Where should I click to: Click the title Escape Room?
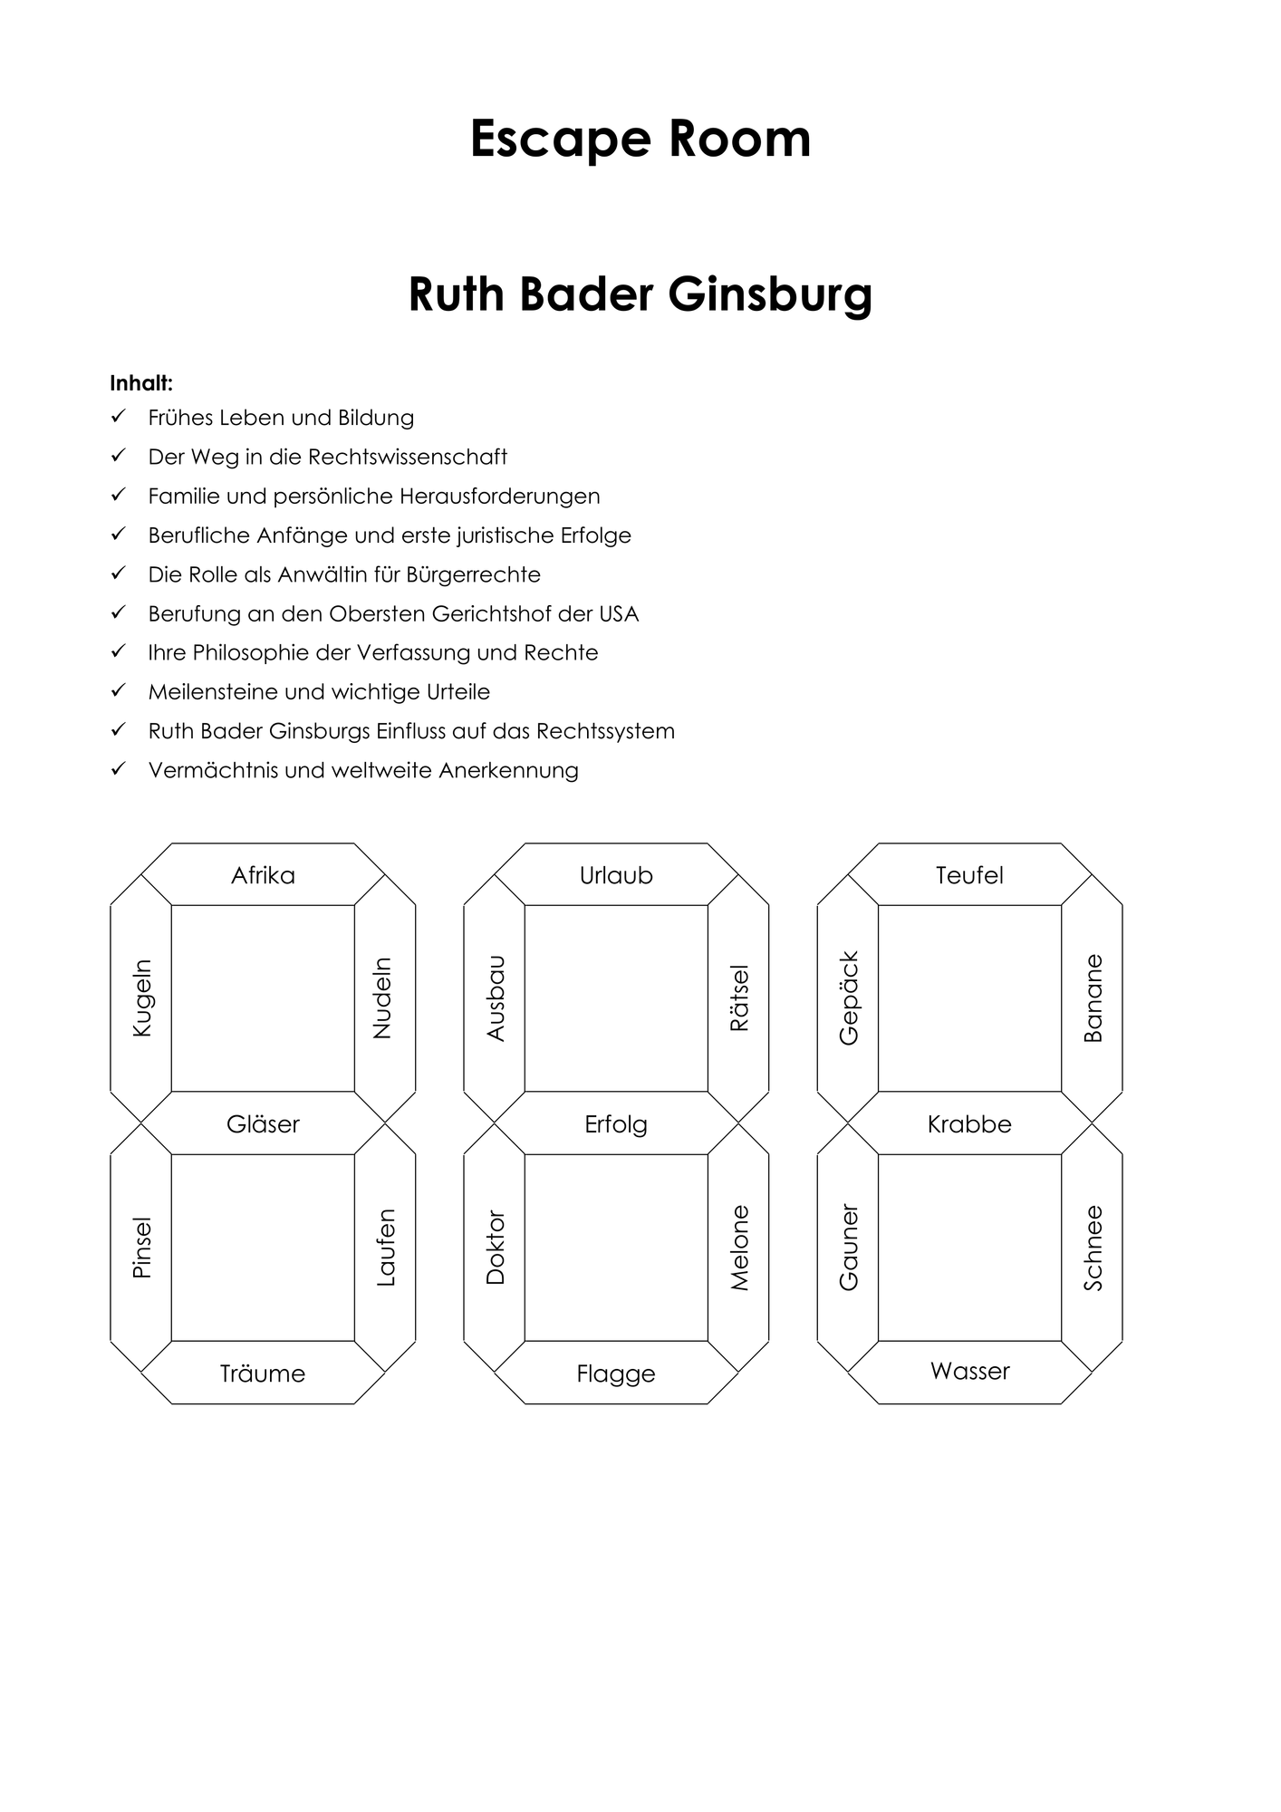640,139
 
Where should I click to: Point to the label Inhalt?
141,383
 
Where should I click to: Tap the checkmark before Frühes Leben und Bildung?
118,417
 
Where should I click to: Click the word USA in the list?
619,614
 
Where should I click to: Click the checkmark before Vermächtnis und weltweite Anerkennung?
118,769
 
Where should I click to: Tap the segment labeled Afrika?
263,874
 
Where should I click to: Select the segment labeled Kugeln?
141,998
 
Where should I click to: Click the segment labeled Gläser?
263,1123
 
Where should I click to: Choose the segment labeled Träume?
263,1373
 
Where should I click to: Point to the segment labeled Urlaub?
616,874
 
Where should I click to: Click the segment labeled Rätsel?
738,998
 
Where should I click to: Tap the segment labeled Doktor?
495,1248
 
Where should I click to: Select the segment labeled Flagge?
616,1373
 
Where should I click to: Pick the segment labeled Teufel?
969,874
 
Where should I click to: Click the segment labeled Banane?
1092,998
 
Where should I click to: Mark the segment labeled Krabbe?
969,1123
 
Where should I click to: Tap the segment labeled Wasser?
969,1373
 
